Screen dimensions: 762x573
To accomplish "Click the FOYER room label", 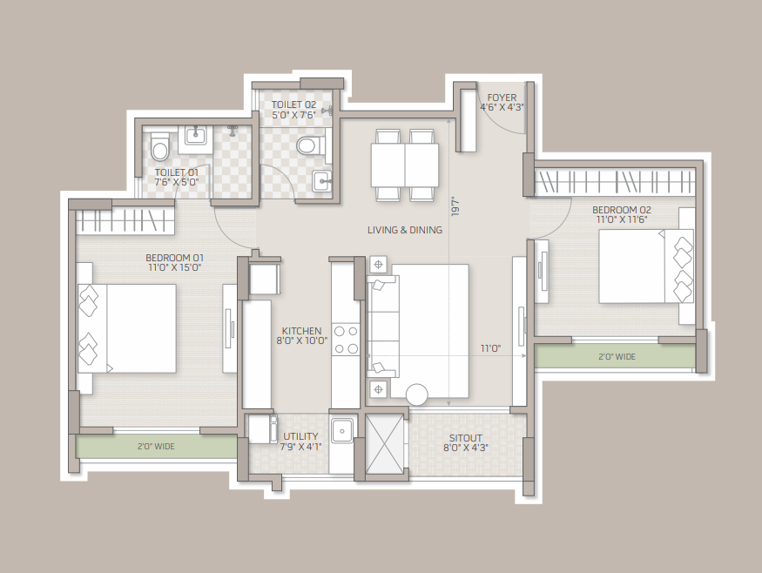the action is (x=502, y=98).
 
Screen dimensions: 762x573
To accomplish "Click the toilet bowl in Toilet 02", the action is (x=311, y=145).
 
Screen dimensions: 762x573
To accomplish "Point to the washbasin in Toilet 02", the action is (x=321, y=182).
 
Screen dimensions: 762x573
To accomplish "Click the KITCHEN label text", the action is (x=302, y=331).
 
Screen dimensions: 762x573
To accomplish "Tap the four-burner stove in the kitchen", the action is (x=346, y=340).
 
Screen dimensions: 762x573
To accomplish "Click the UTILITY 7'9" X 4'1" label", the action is (x=300, y=442).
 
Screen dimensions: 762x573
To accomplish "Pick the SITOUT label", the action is (x=466, y=438).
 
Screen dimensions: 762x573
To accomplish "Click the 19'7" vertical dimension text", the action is (x=455, y=206).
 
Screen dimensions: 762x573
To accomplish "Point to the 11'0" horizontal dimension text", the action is (x=491, y=348).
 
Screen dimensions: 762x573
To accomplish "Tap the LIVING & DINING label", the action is (x=405, y=230).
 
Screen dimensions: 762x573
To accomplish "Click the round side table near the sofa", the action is (x=416, y=394).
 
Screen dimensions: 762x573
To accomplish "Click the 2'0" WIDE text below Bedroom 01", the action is (x=156, y=446).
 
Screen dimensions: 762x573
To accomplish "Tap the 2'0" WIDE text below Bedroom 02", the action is (x=617, y=357).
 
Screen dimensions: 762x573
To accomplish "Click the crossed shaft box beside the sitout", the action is (x=384, y=443).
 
